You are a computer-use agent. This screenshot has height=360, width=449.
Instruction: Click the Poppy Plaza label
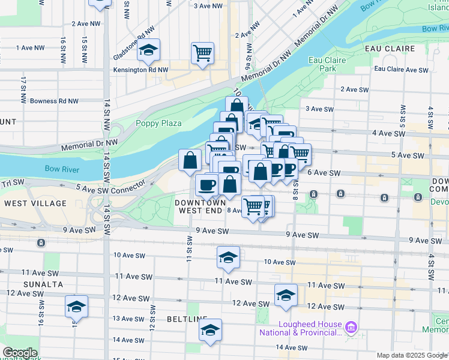tap(158, 123)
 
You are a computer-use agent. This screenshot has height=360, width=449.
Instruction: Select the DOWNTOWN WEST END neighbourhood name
tap(201, 207)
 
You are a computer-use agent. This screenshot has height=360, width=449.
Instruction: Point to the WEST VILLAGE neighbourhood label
tap(35, 203)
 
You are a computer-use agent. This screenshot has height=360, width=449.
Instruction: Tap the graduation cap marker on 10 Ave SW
tap(228, 257)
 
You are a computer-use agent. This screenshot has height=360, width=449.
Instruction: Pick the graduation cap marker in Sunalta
tap(76, 306)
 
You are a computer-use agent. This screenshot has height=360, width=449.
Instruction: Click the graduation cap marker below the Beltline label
tap(210, 330)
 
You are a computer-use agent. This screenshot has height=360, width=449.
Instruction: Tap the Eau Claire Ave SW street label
tap(401, 70)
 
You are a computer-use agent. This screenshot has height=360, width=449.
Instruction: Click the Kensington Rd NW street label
tap(141, 70)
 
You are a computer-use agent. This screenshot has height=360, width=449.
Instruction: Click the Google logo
tap(20, 353)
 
